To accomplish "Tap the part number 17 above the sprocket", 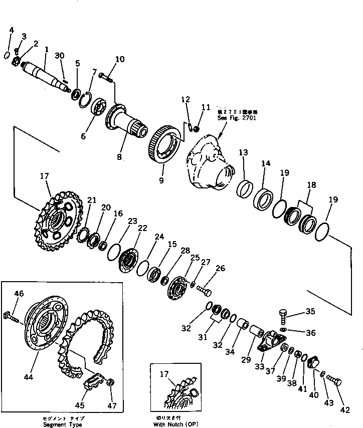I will (44, 176).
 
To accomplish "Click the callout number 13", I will (243, 153).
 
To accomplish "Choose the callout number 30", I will (60, 55).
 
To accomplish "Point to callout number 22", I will (142, 228).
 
